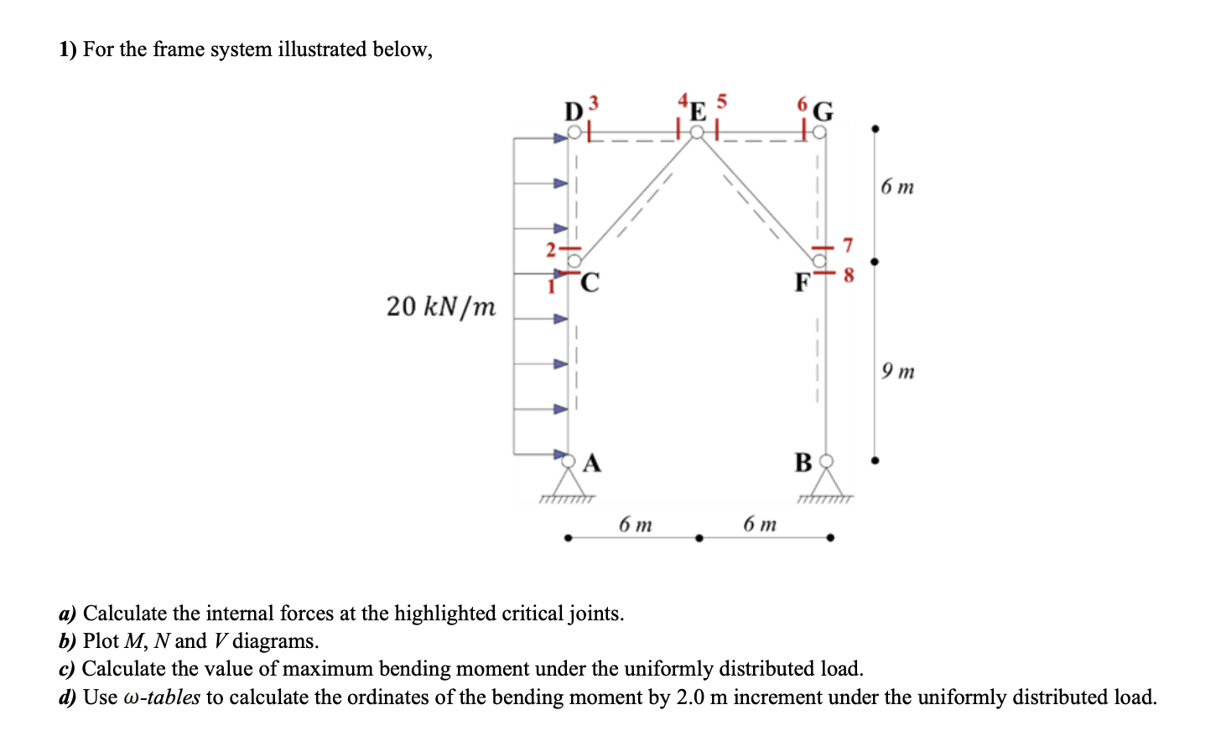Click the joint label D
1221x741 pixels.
(x=574, y=112)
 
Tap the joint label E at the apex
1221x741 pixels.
(x=698, y=112)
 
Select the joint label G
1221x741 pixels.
(x=824, y=111)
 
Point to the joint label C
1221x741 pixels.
(x=590, y=282)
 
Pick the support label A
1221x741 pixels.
(x=592, y=462)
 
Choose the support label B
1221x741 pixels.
(x=803, y=462)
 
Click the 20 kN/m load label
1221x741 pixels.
(x=441, y=307)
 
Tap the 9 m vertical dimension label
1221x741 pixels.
(x=897, y=370)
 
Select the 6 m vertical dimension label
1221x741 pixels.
(x=897, y=186)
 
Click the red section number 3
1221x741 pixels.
(x=594, y=102)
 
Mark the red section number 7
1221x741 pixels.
(x=847, y=245)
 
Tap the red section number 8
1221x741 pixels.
(x=848, y=274)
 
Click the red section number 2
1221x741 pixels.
(x=551, y=249)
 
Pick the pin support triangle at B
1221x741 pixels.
(x=827, y=483)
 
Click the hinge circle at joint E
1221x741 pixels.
(x=697, y=132)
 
